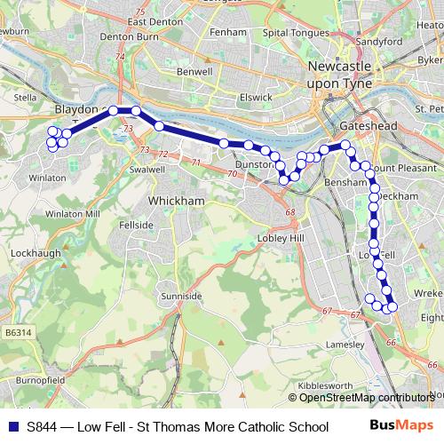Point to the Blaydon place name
pos(75,108)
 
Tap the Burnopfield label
pos(41,379)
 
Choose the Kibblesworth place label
pos(323,387)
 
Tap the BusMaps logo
pos(401,427)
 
